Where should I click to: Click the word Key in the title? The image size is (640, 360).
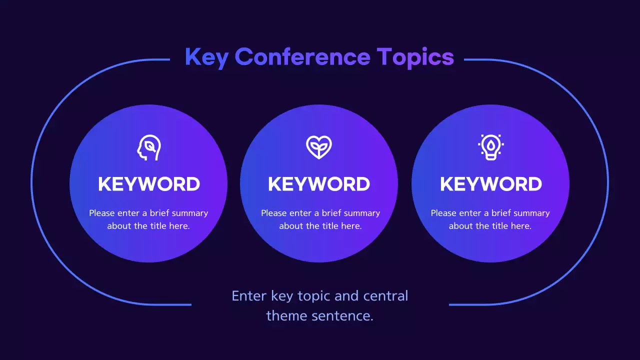pyautogui.click(x=206, y=57)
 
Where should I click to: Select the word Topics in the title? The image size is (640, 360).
pyautogui.click(x=415, y=57)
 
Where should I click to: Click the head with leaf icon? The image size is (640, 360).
pyautogui.click(x=149, y=147)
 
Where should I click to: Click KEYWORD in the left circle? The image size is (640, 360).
pyautogui.click(x=149, y=184)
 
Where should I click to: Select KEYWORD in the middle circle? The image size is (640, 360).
pyautogui.click(x=319, y=184)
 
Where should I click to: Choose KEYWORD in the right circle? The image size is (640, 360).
pyautogui.click(x=490, y=184)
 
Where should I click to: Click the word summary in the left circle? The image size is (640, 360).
pyautogui.click(x=189, y=213)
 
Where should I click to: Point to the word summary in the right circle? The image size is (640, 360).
pyautogui.click(x=531, y=213)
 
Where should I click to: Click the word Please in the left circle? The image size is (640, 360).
pyautogui.click(x=102, y=213)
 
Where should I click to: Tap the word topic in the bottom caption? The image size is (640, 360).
pyautogui.click(x=314, y=296)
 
